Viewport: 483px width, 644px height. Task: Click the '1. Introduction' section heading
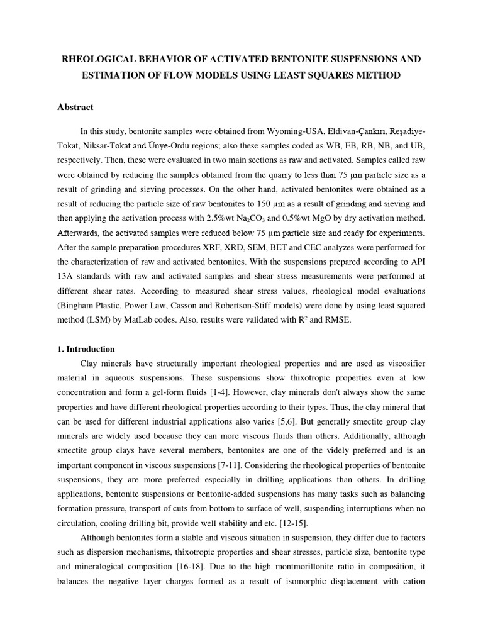86,349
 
